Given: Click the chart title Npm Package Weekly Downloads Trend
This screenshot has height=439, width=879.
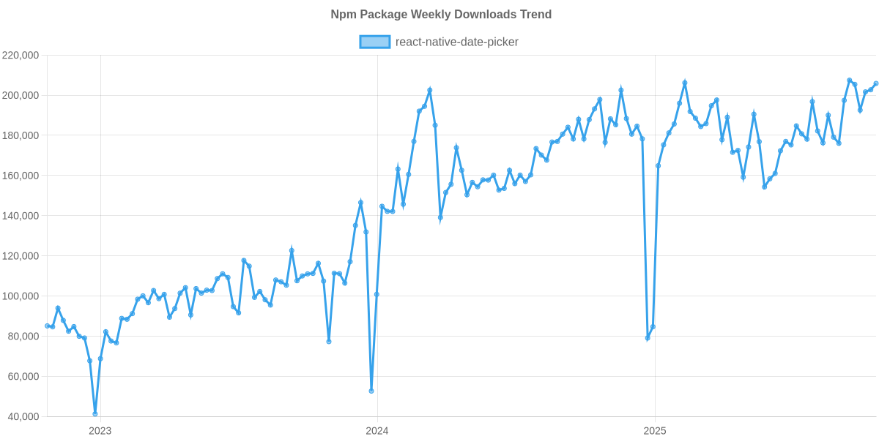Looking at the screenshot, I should pos(440,15).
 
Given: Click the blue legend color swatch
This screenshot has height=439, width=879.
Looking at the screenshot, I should pos(374,42).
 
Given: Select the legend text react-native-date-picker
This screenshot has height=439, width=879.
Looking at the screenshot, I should pos(456,42).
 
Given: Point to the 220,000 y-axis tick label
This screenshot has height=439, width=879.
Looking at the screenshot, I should pos(21,56).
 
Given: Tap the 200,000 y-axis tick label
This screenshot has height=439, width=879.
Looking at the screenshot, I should pos(21,96).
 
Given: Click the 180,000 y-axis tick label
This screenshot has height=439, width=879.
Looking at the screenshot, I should pos(21,136).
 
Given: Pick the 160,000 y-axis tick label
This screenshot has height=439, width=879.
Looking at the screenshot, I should pos(21,176).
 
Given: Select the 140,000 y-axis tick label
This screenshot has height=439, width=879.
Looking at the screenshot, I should pos(21,217).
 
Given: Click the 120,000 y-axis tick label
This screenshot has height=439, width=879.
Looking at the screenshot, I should pos(21,256).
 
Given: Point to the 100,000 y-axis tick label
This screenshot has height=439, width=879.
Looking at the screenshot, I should pos(21,296).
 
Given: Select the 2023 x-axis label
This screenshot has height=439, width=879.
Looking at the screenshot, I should pos(100,431).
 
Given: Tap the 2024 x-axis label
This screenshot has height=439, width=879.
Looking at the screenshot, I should pos(377,431).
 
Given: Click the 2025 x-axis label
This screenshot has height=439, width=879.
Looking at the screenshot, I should pos(653,431).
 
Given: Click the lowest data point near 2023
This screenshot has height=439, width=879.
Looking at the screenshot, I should pos(95,414).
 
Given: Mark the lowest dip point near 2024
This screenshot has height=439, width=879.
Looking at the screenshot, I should pos(371,391).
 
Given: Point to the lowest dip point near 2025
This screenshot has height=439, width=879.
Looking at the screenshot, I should pos(648,339).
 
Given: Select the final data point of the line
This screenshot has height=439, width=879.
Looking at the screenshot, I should pos(876,83).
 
